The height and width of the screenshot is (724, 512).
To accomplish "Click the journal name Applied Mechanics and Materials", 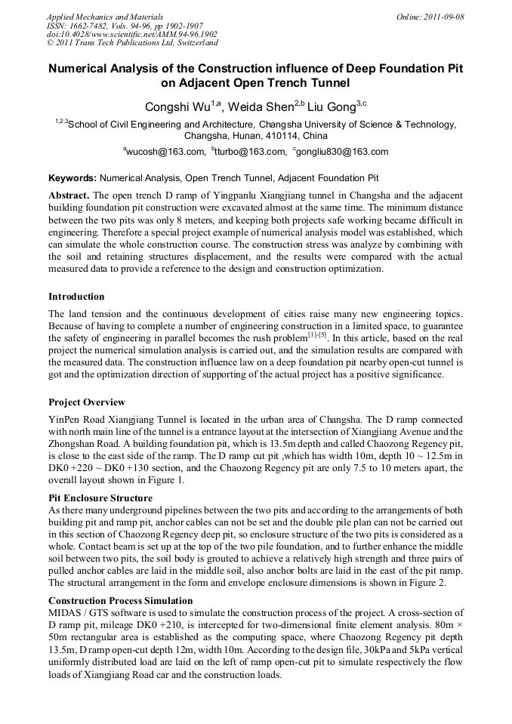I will [x=105, y=17].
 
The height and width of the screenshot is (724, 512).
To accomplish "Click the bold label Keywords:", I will [x=72, y=179].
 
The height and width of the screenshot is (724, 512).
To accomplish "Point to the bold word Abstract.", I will [x=68, y=196].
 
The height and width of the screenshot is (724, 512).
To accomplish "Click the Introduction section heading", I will [x=76, y=297].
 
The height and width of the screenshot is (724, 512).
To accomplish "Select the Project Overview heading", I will [x=87, y=402].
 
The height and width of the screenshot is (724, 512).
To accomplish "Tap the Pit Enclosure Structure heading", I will [x=100, y=498].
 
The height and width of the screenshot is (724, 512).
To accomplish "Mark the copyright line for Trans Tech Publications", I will [x=132, y=43].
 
